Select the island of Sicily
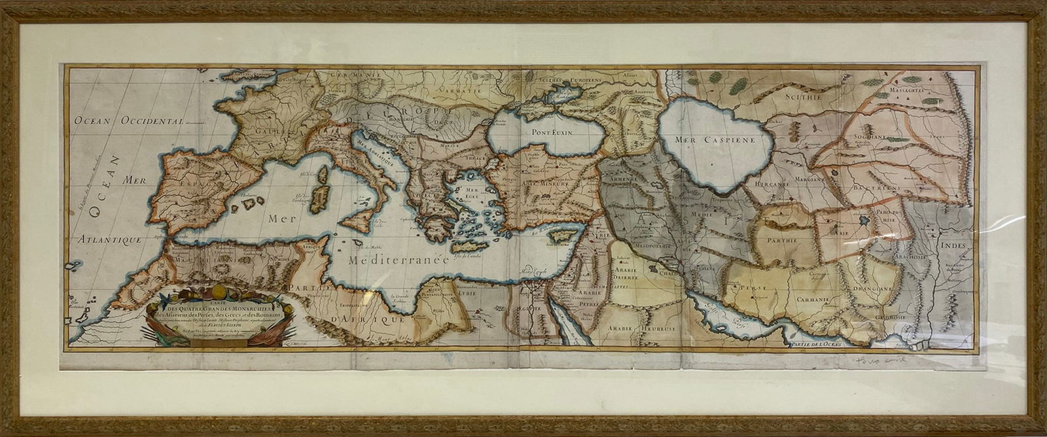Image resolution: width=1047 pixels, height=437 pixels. pyautogui.click(x=359, y=224)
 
